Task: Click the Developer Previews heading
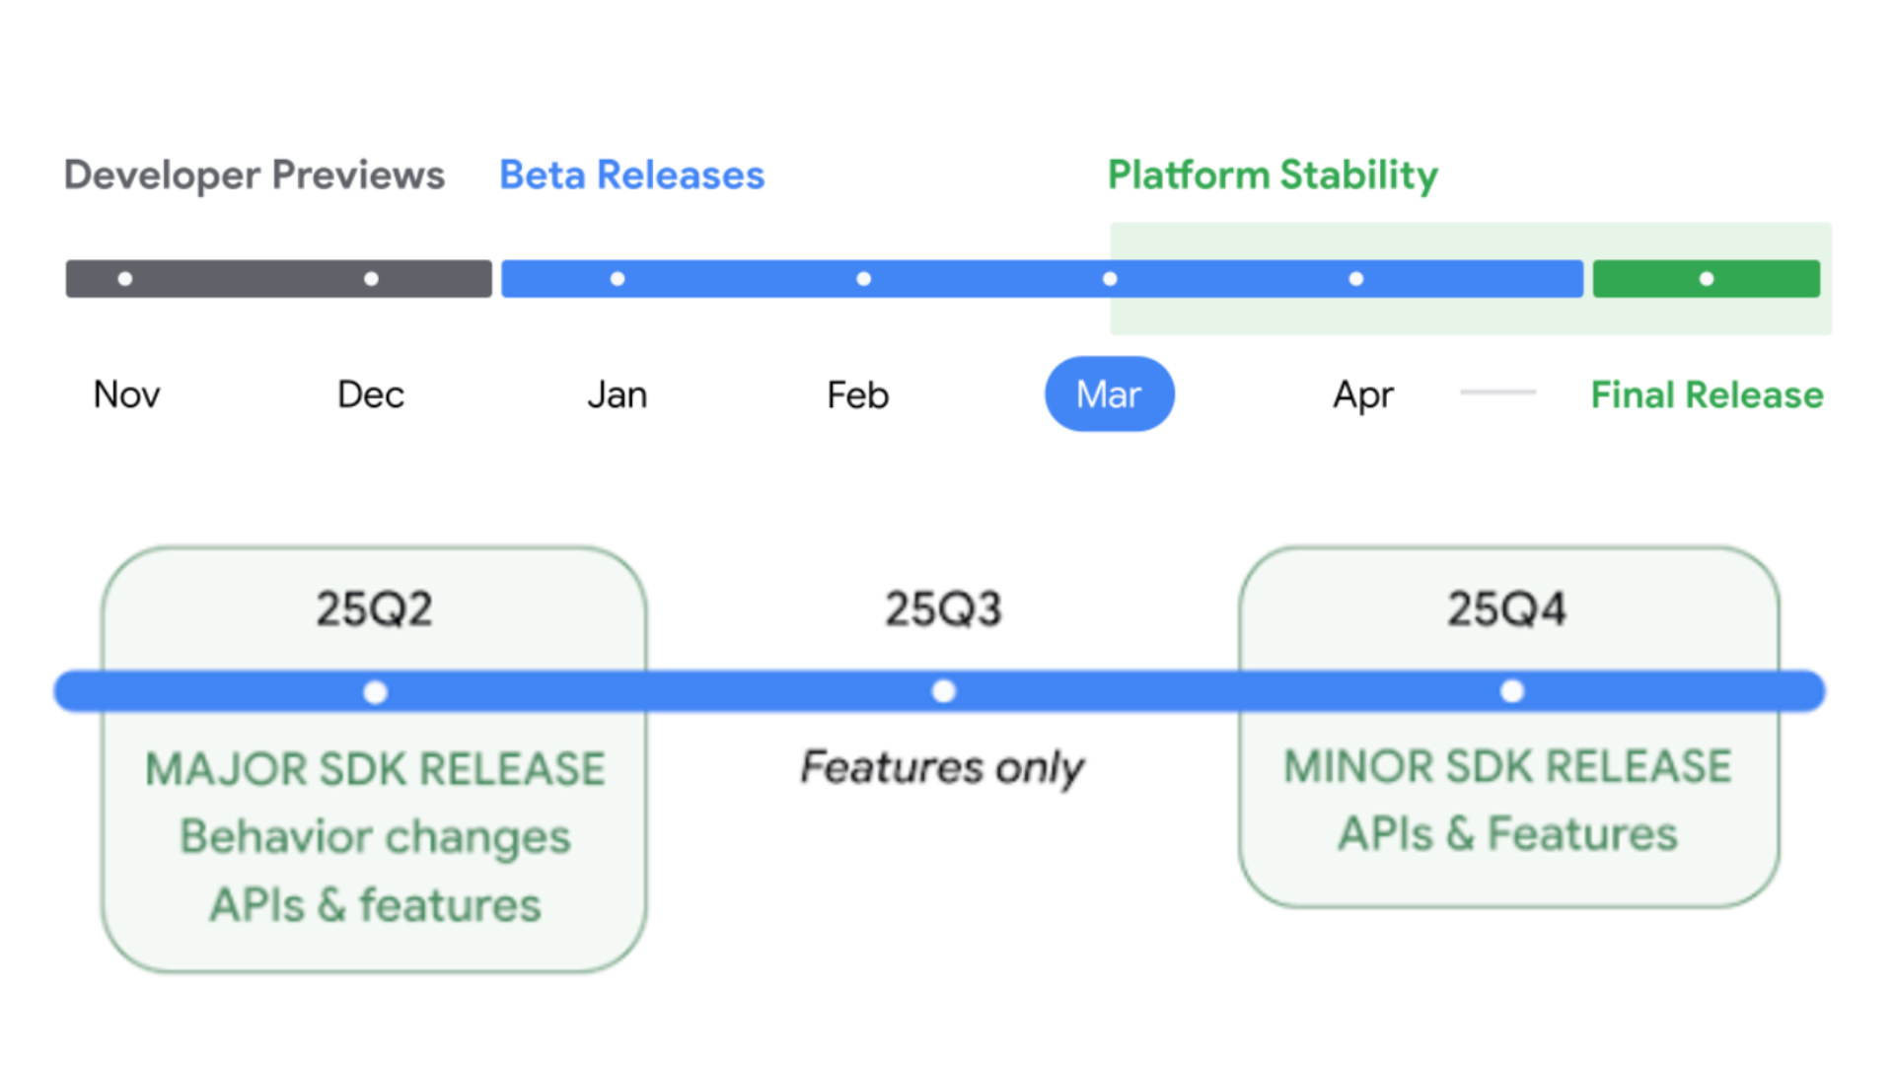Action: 255,176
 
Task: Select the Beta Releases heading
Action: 631,176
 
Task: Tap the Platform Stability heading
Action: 1273,176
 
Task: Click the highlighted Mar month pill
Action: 1110,393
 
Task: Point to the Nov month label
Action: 126,394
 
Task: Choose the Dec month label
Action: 371,394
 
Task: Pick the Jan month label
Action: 618,394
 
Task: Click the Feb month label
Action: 858,394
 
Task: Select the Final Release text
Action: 1708,394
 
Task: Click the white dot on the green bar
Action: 1707,279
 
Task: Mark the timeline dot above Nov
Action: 125,279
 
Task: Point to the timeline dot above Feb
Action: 864,279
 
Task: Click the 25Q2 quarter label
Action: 375,608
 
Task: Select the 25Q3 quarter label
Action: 943,608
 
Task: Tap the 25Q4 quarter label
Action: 1507,608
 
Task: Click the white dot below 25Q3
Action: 944,691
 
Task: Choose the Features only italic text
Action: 942,768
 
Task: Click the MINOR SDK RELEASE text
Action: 1507,766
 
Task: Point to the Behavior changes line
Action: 375,837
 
